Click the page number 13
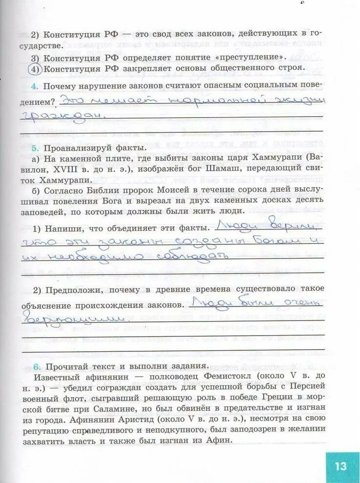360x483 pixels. click(340, 465)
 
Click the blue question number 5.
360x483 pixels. click(34, 147)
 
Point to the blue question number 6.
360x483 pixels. click(34, 366)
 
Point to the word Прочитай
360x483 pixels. click(66, 366)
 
